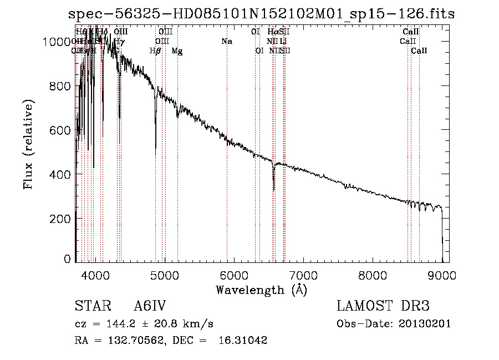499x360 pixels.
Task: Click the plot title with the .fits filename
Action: coord(261,14)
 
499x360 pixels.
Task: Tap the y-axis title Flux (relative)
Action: coord(28,144)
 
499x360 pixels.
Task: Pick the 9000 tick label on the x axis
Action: coord(442,275)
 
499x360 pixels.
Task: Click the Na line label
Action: coord(226,42)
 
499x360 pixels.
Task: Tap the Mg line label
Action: coord(177,51)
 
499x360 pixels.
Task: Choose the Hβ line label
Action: coord(155,51)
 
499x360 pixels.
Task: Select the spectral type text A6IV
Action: coord(150,306)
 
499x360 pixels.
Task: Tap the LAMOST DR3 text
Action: coord(383,306)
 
